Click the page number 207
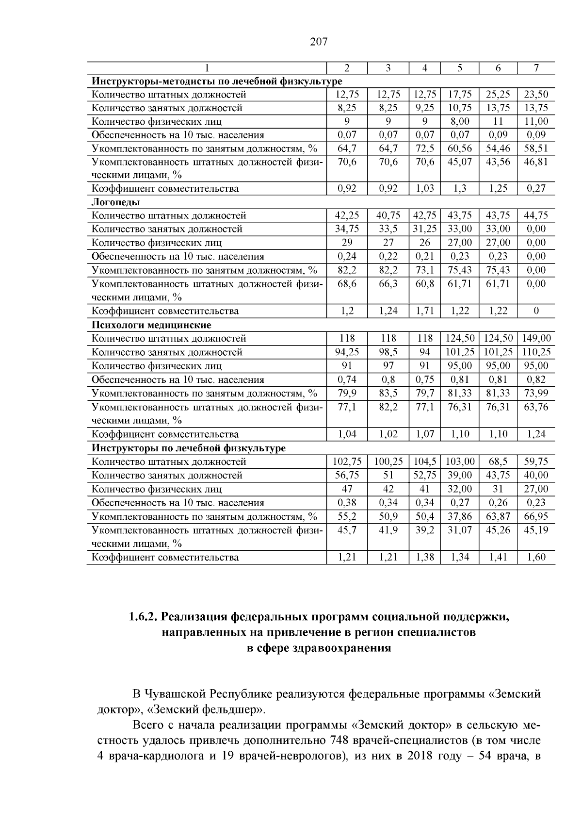[x=319, y=42]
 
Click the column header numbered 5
[x=459, y=68]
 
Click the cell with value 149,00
[x=536, y=338]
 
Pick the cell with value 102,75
[x=347, y=461]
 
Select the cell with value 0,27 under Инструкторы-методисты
[x=536, y=188]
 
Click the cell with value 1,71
[x=424, y=311]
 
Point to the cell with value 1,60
[x=536, y=557]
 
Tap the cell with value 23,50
[x=536, y=95]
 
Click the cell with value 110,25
[x=536, y=352]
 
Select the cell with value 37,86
[x=459, y=516]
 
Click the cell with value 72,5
[x=424, y=148]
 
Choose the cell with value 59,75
[x=536, y=461]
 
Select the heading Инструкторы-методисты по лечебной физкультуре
[x=217, y=81]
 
